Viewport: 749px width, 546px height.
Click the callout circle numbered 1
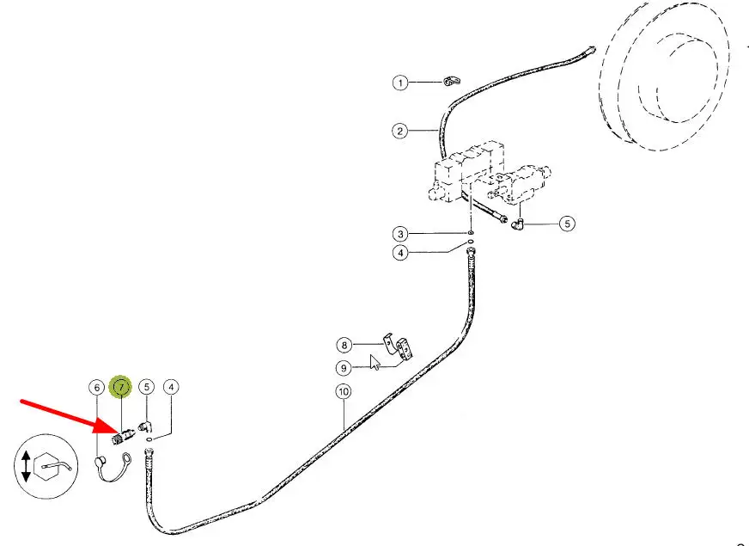pyautogui.click(x=399, y=83)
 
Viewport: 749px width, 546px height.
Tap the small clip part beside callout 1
pyautogui.click(x=450, y=82)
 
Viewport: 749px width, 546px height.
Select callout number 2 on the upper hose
pyautogui.click(x=399, y=132)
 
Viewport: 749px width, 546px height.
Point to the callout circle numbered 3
pyautogui.click(x=399, y=234)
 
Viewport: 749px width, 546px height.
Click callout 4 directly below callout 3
pyautogui.click(x=399, y=253)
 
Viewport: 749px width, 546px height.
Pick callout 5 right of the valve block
pyautogui.click(x=566, y=224)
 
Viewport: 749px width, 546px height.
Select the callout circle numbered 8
pyautogui.click(x=344, y=346)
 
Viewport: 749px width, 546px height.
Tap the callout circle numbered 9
pyautogui.click(x=344, y=368)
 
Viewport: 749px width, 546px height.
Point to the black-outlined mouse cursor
pyautogui.click(x=374, y=360)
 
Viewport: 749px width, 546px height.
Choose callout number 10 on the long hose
pyautogui.click(x=344, y=393)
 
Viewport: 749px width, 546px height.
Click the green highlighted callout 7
pyautogui.click(x=121, y=388)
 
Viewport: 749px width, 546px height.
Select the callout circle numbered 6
pyautogui.click(x=96, y=388)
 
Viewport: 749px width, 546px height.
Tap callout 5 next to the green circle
pyautogui.click(x=147, y=388)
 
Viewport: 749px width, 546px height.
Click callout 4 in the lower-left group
pyautogui.click(x=172, y=388)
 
